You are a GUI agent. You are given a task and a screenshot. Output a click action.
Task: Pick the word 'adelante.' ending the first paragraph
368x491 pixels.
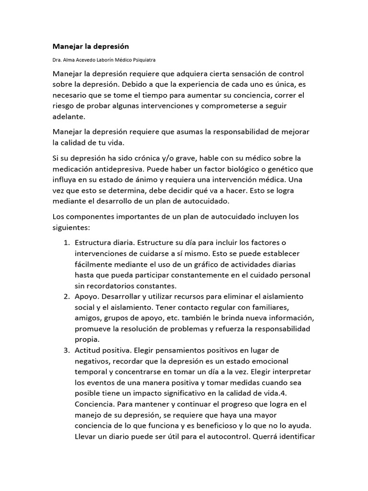pyautogui.click(x=69, y=116)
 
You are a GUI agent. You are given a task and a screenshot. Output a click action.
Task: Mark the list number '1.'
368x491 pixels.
pyautogui.click(x=67, y=243)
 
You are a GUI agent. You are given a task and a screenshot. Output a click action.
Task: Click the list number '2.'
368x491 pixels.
pyautogui.click(x=67, y=296)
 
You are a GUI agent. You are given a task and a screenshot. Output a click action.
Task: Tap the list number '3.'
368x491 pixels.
pyautogui.click(x=67, y=350)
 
